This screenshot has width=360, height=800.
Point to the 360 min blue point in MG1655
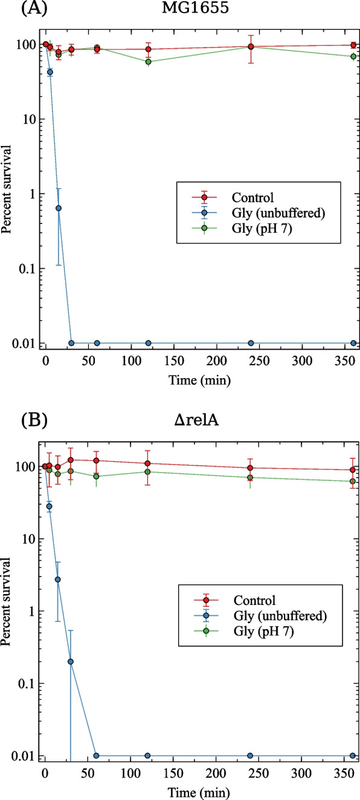pyautogui.click(x=353, y=343)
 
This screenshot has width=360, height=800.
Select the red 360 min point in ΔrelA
pyautogui.click(x=353, y=470)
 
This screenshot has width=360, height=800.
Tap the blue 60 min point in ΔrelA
pyautogui.click(x=96, y=755)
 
